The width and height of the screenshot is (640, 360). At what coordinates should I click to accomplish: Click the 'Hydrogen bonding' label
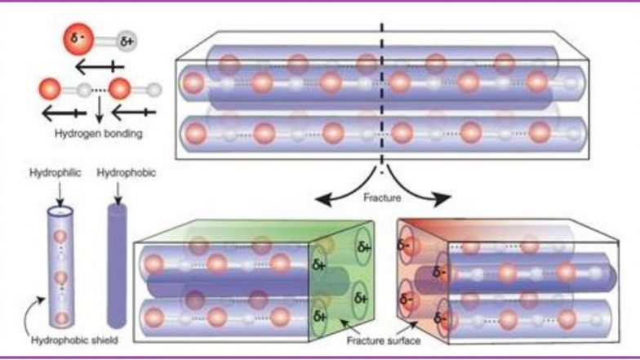click(x=98, y=134)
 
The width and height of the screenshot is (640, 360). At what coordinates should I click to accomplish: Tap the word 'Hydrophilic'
click(x=56, y=173)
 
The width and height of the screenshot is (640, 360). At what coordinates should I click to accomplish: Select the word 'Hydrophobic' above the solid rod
click(x=126, y=173)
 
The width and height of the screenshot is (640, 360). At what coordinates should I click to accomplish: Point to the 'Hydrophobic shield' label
click(x=75, y=340)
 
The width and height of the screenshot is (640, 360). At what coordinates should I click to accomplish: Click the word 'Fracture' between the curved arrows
click(x=382, y=198)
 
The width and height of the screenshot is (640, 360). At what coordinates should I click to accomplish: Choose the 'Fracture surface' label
click(x=384, y=340)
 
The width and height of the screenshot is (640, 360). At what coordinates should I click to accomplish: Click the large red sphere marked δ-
click(x=78, y=39)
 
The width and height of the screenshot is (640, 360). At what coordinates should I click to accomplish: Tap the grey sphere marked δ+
click(x=127, y=41)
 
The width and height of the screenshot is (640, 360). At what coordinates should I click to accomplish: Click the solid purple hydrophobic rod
click(x=118, y=265)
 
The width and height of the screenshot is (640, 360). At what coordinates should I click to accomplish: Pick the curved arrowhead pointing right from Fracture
click(x=442, y=199)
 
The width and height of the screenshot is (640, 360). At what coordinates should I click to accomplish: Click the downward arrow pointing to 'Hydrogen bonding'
click(x=99, y=109)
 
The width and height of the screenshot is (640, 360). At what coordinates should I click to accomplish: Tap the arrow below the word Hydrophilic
click(x=60, y=194)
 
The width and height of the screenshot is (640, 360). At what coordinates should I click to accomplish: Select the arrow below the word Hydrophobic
click(x=118, y=193)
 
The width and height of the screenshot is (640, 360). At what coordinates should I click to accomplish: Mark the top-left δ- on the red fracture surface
click(x=403, y=245)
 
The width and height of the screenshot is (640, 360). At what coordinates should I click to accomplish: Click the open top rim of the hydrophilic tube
click(x=60, y=212)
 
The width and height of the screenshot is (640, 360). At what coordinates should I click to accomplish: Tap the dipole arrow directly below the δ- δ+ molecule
click(x=100, y=67)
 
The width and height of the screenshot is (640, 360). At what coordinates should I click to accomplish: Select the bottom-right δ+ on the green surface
click(x=361, y=298)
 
